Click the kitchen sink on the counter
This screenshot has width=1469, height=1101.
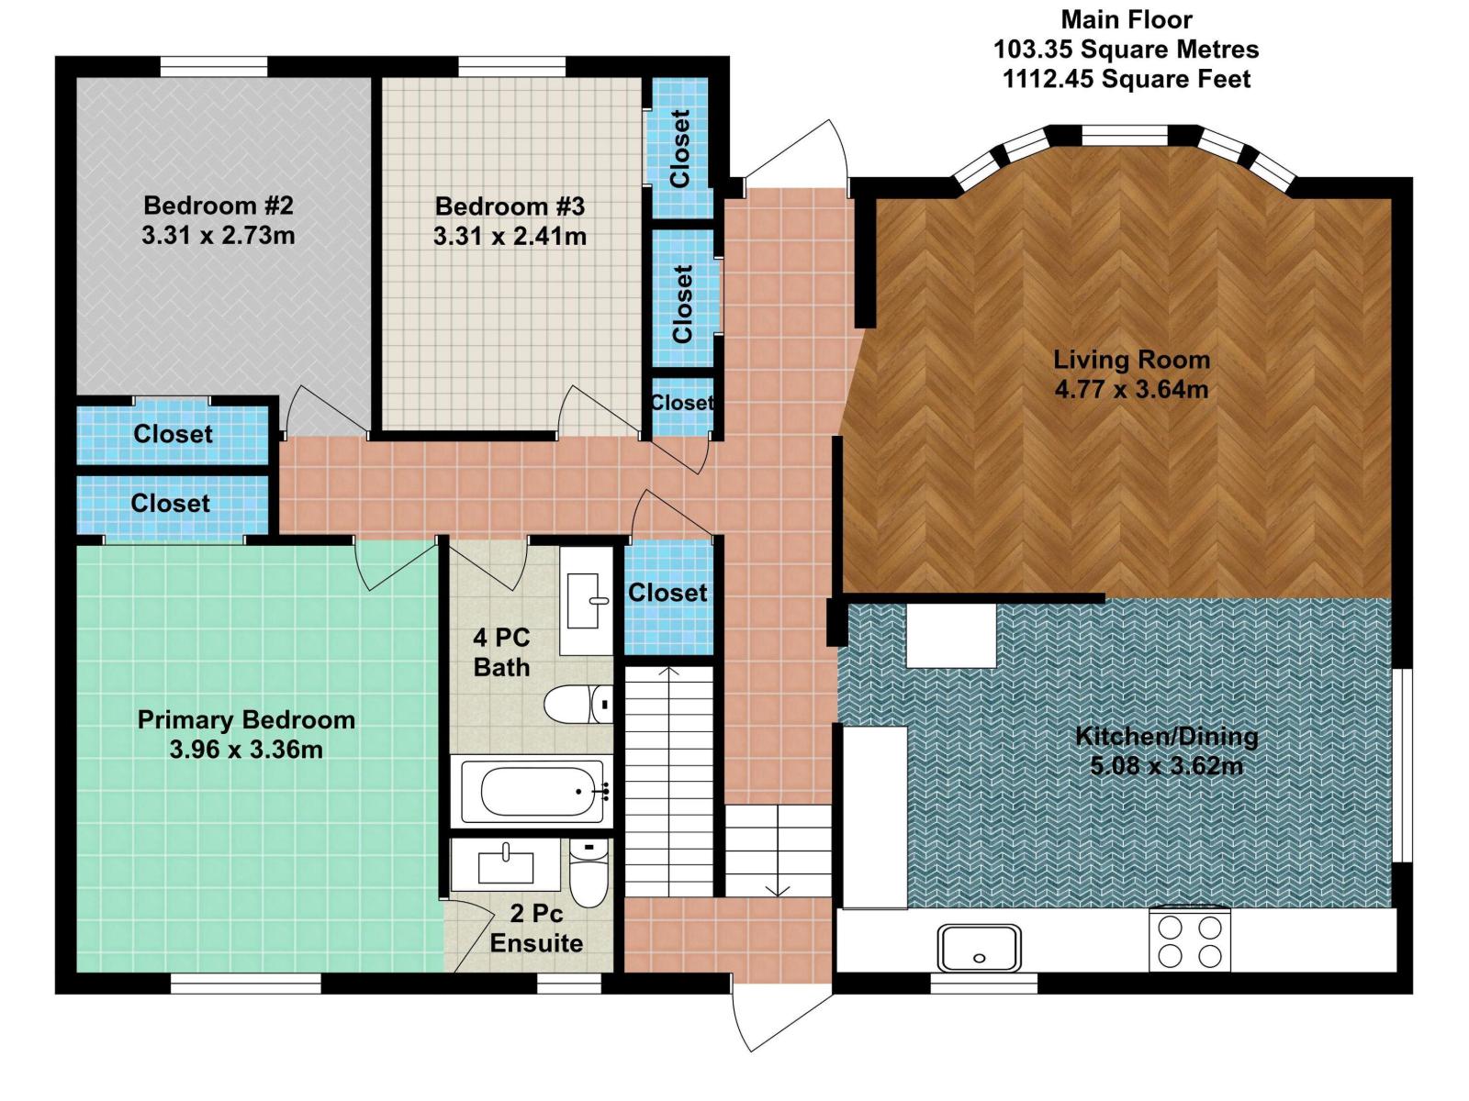[979, 948]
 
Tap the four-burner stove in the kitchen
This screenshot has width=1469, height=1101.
[1189, 940]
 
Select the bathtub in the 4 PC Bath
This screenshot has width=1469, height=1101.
[531, 791]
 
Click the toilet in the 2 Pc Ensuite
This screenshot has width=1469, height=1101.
[588, 873]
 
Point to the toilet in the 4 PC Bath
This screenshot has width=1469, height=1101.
[578, 705]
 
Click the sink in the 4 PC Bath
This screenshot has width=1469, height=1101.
[586, 601]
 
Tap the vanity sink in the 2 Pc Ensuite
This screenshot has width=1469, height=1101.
[505, 865]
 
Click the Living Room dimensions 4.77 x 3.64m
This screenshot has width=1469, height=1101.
[1130, 389]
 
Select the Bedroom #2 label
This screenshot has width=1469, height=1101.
[218, 206]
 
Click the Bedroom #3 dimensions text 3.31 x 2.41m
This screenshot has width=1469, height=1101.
[510, 236]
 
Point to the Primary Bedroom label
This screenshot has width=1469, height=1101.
[246, 719]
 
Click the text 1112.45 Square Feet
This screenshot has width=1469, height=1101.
[1126, 79]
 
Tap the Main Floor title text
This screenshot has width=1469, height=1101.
[1126, 19]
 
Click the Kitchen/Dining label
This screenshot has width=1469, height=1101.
[1166, 736]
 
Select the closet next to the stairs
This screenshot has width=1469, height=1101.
[667, 594]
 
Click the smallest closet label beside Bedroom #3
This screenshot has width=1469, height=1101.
[682, 403]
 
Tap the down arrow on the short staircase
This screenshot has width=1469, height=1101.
[778, 888]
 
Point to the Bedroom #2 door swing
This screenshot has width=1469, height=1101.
[317, 411]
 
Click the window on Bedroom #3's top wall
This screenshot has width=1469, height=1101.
[511, 66]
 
